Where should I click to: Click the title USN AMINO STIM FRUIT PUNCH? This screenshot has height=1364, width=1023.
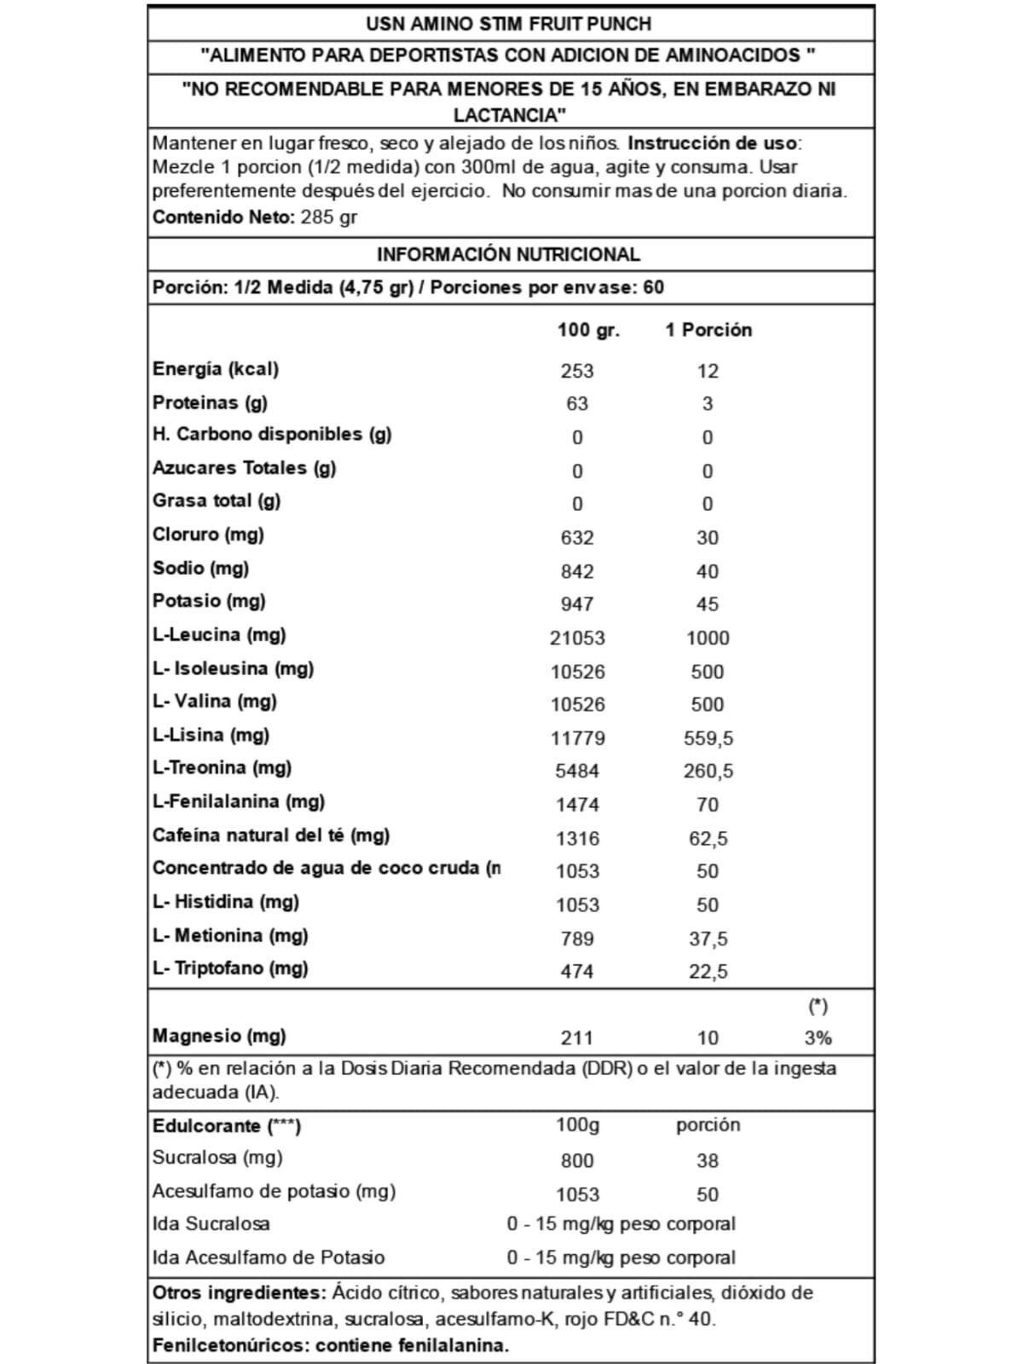pos(509,23)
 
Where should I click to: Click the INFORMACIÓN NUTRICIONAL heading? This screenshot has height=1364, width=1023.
pos(508,254)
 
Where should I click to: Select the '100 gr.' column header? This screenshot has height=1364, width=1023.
pos(588,330)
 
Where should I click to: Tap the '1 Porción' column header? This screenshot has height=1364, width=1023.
pos(708,330)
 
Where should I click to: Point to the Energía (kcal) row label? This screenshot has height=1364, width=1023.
pos(216,369)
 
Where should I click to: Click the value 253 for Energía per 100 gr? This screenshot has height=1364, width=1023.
pos(577,371)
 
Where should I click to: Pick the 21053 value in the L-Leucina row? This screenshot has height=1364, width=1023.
pos(577,638)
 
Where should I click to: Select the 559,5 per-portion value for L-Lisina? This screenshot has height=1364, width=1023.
pos(708,738)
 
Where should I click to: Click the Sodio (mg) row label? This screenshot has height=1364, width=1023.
pos(200,569)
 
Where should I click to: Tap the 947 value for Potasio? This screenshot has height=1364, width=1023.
pos(577,604)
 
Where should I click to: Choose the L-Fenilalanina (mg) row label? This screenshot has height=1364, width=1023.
pos(239,801)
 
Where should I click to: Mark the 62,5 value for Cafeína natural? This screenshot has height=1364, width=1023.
pos(708,838)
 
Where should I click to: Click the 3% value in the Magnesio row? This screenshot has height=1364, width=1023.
pos(818,1037)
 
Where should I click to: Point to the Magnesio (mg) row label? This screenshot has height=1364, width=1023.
pos(219,1036)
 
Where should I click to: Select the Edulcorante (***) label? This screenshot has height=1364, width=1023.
pos(227,1126)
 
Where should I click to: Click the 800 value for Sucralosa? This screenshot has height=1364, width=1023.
pos(577,1160)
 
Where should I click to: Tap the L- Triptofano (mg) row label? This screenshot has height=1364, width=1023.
pos(230,968)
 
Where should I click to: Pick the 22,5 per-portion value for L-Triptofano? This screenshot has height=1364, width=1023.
pos(708,971)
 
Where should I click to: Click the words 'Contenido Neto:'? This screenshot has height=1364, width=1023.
pos(224,217)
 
